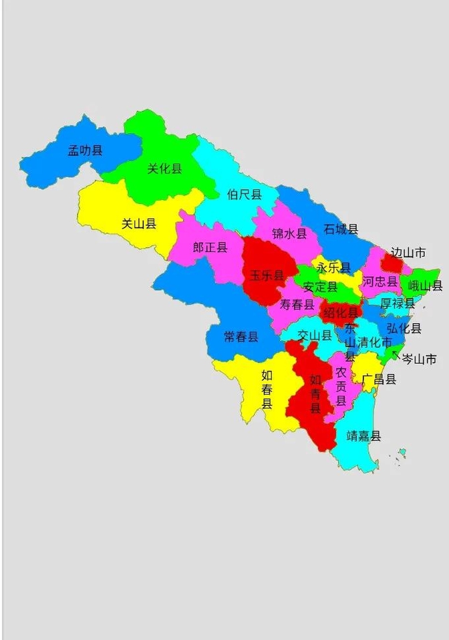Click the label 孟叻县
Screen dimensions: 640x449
click(86, 150)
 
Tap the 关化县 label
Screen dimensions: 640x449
click(164, 169)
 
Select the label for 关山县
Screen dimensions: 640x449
click(139, 224)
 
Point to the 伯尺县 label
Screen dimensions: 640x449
click(244, 194)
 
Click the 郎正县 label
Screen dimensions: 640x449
click(210, 247)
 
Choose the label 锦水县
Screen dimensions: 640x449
click(289, 233)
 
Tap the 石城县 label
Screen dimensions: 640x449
click(341, 229)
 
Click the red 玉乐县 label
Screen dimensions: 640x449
click(267, 275)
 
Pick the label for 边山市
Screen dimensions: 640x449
click(408, 253)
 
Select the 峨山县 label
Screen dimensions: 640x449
click(425, 286)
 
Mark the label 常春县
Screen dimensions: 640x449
click(241, 336)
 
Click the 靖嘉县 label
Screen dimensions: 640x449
click(364, 436)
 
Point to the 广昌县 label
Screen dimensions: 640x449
click(379, 379)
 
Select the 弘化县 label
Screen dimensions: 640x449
click(404, 328)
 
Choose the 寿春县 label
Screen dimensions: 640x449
click(297, 305)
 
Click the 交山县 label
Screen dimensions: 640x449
click(314, 335)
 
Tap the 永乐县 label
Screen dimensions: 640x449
click(333, 268)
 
